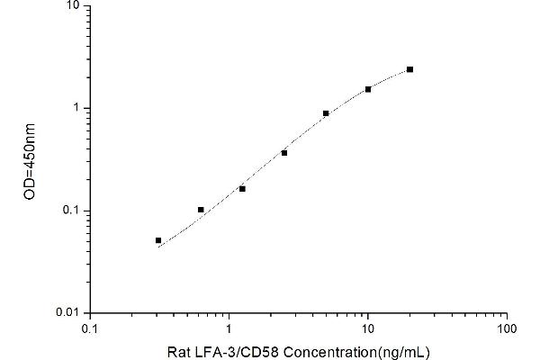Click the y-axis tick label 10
(74, 5)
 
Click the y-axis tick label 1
(77, 108)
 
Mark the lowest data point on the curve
(158, 240)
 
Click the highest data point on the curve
(409, 69)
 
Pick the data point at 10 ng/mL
(368, 89)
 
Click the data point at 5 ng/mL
(326, 113)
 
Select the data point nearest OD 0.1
(201, 210)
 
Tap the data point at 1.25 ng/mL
(242, 189)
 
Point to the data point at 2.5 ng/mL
(284, 153)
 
